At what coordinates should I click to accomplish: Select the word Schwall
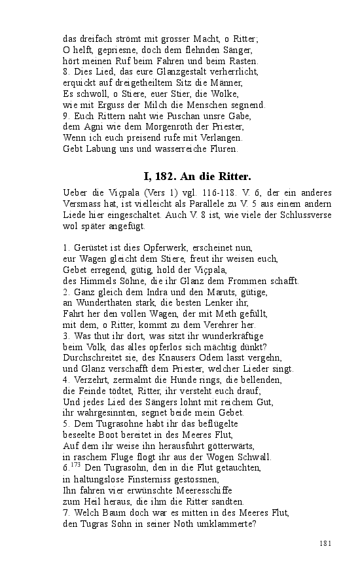coord(255,458)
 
